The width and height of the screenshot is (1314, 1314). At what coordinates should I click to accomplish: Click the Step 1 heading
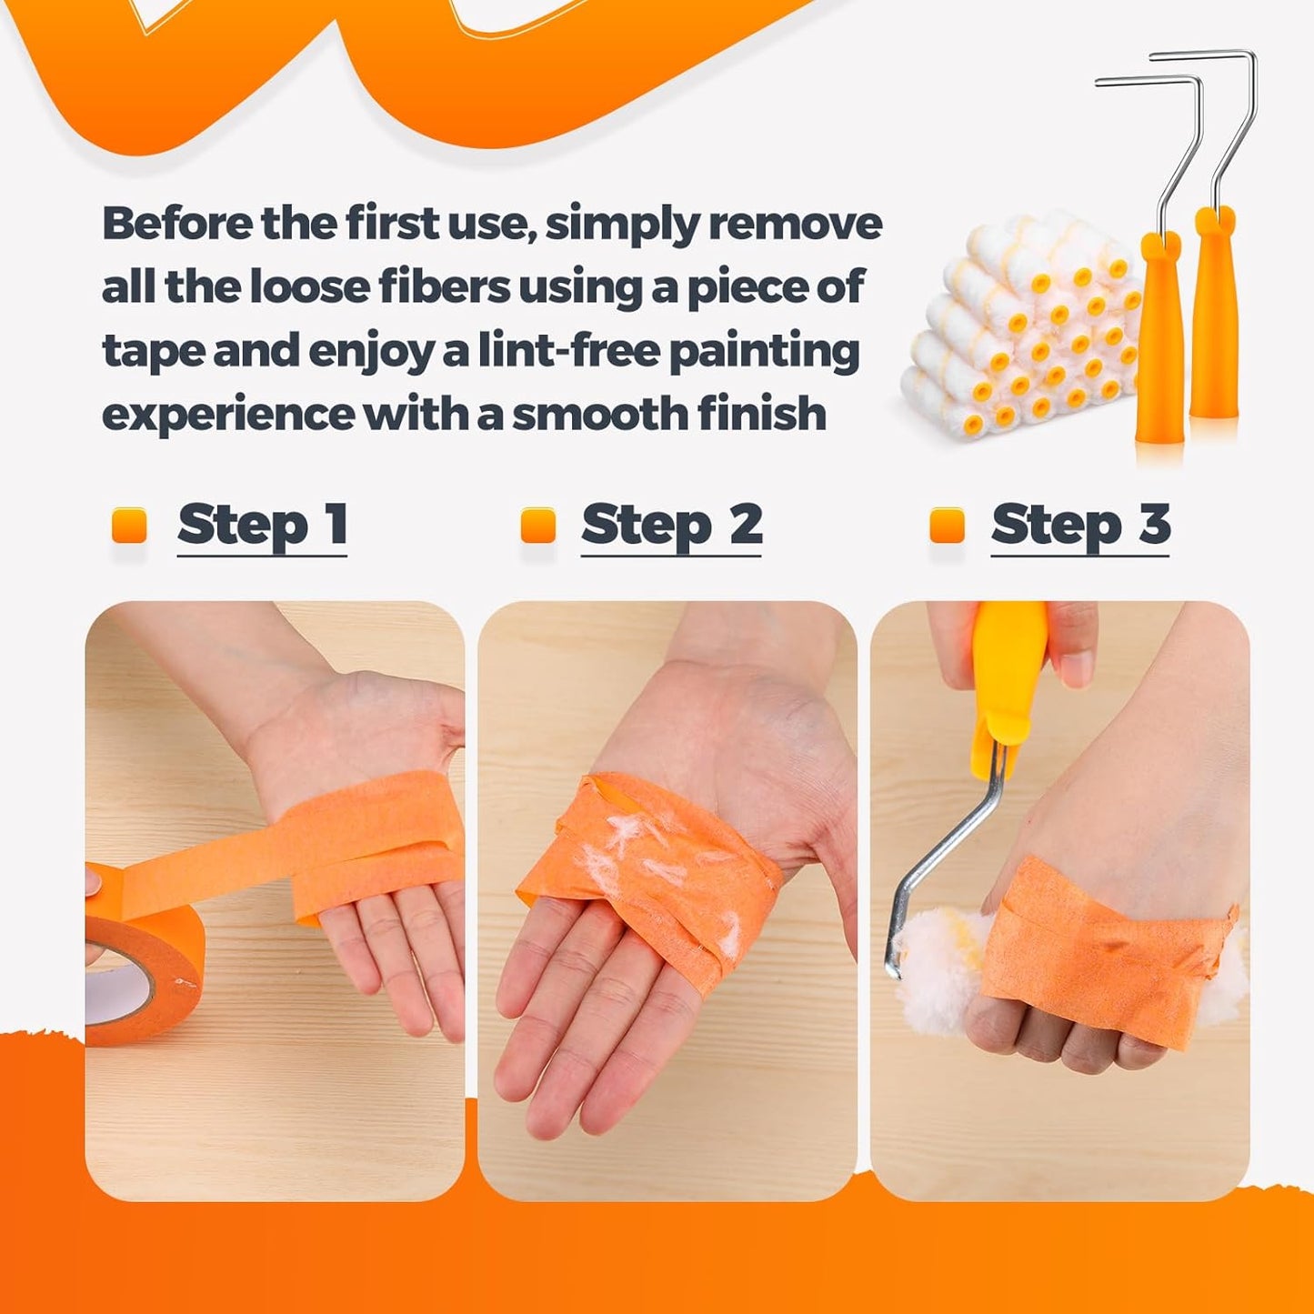263,526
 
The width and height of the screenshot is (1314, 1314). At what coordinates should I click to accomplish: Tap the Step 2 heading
671,526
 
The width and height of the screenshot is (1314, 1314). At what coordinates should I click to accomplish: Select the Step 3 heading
1080,526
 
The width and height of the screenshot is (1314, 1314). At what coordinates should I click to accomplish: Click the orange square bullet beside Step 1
129,526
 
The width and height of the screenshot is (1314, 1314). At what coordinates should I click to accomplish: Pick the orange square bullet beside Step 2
538,526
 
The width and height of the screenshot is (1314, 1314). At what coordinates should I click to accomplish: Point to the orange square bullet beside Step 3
948,526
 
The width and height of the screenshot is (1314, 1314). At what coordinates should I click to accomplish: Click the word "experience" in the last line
227,416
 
